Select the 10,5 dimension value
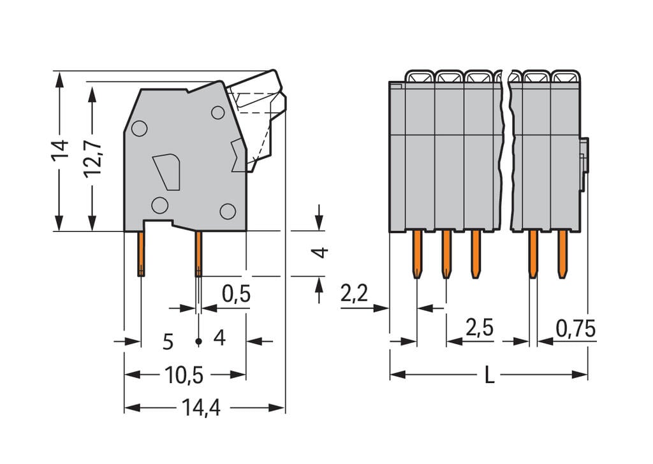point(184,375)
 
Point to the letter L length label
point(489,375)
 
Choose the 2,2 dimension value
point(355,294)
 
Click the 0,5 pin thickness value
point(236,294)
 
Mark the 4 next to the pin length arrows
point(322,252)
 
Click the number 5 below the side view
point(168,342)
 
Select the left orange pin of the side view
point(140,253)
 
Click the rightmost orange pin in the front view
point(562,254)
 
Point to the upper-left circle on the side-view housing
point(139,129)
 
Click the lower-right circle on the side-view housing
point(228,211)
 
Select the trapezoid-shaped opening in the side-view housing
point(167,171)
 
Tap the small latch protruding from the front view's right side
point(583,164)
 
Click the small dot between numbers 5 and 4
point(198,342)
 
